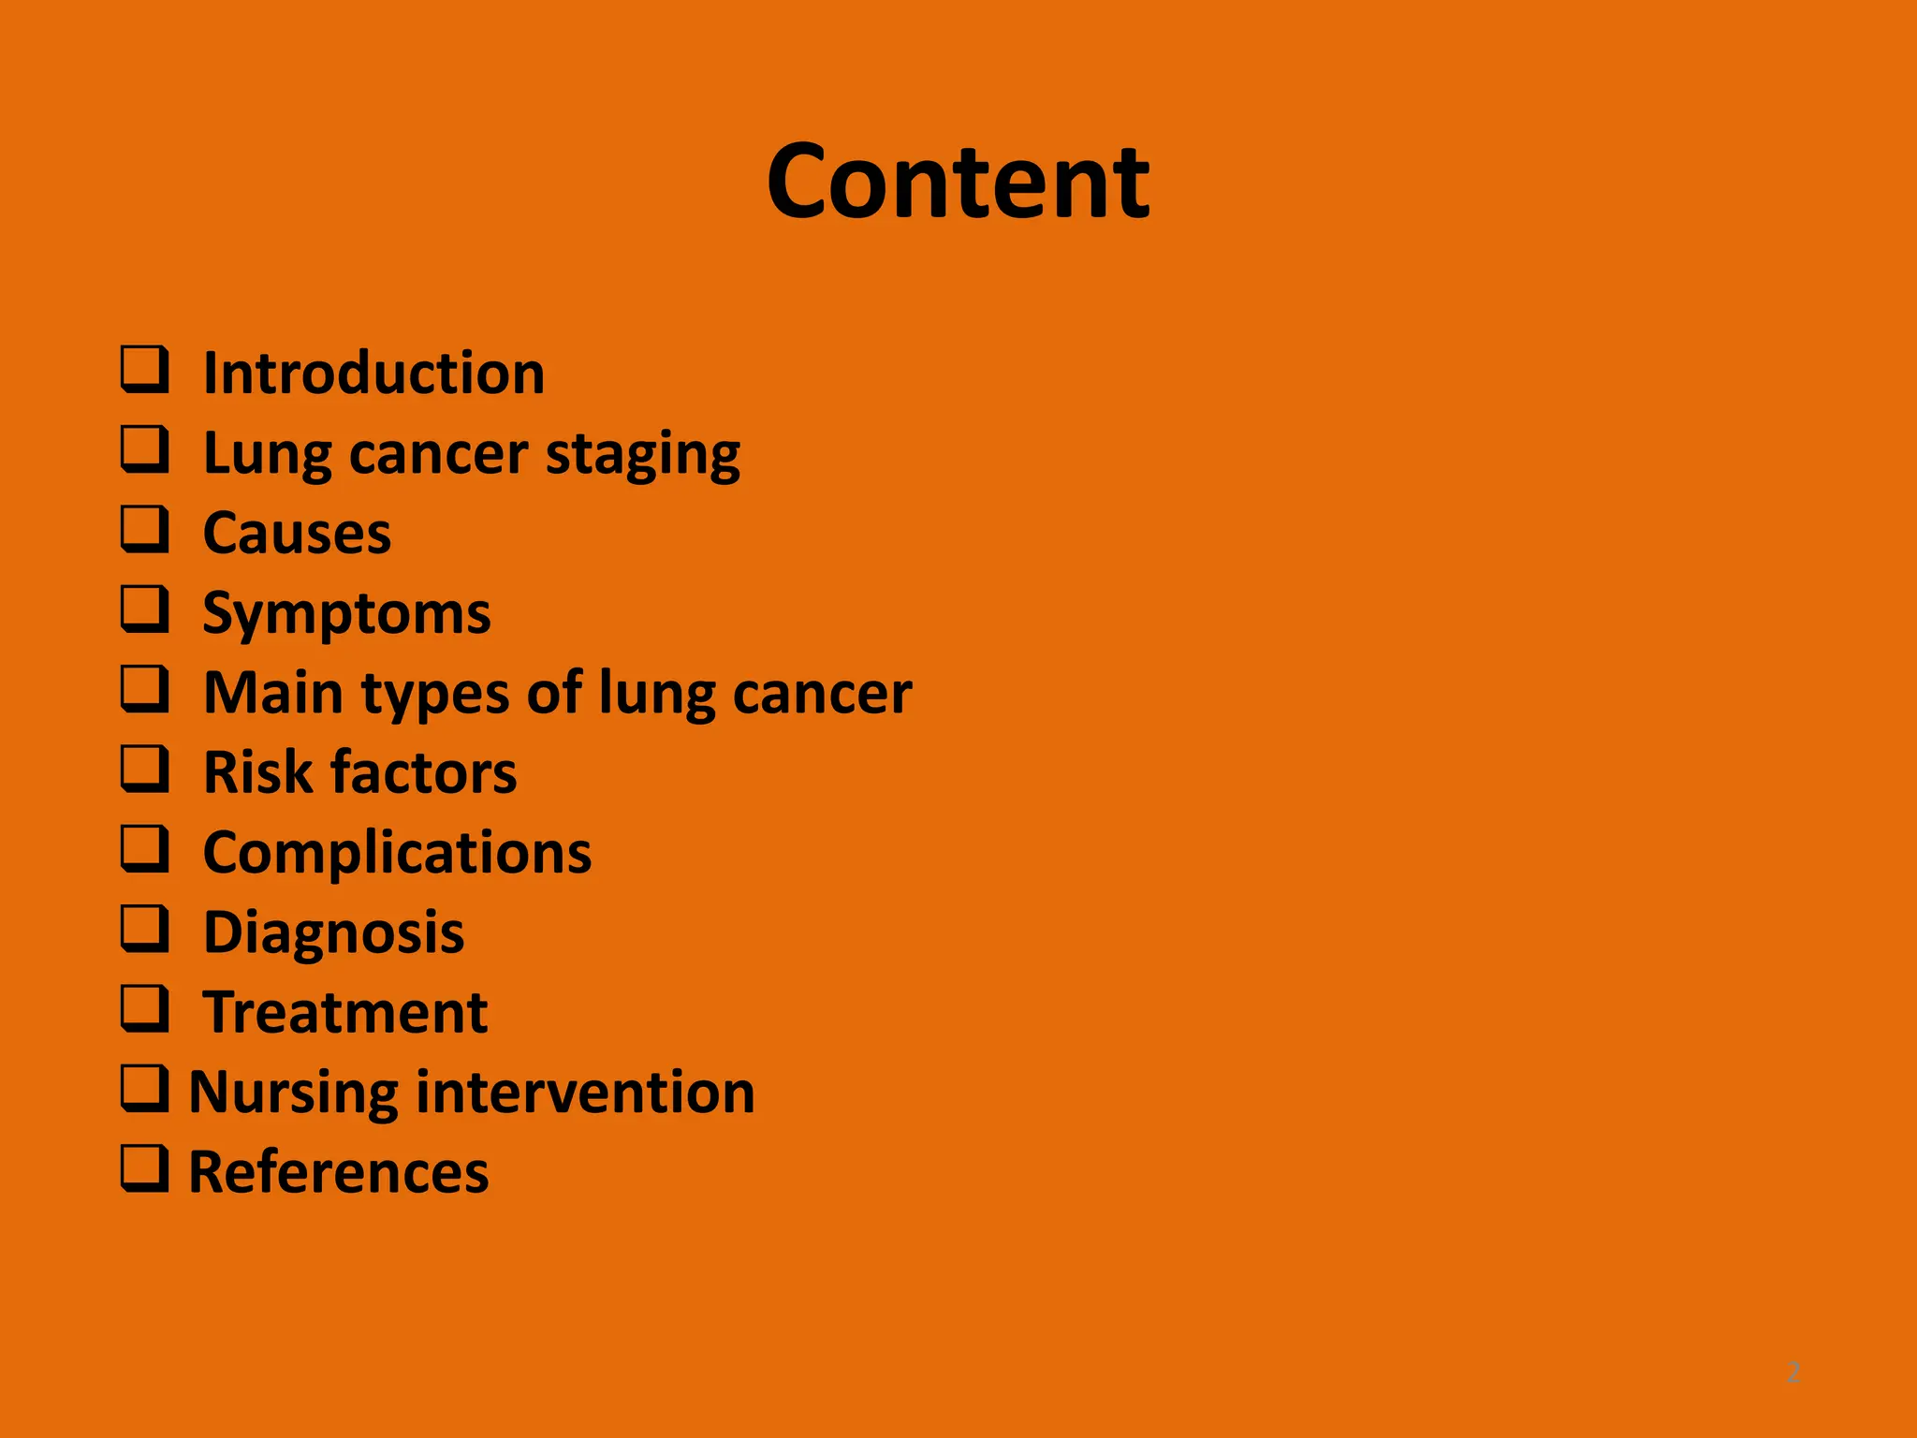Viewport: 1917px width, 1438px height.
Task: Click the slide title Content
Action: (x=958, y=182)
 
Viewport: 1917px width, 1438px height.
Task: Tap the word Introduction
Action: (x=373, y=374)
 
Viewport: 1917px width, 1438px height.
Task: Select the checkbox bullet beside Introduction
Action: (x=145, y=370)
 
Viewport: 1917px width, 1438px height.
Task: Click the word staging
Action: (x=642, y=456)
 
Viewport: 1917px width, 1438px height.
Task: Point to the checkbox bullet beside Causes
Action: (x=145, y=529)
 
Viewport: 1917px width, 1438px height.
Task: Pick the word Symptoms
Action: (x=346, y=615)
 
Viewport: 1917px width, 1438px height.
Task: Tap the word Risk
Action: (x=257, y=772)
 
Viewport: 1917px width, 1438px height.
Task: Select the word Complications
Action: (x=397, y=854)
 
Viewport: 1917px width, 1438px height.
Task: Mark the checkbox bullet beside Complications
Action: (x=145, y=848)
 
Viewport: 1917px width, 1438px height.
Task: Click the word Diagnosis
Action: (x=333, y=933)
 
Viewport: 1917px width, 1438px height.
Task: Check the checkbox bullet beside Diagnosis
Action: (x=145, y=928)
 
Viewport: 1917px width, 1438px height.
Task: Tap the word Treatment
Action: (x=345, y=1012)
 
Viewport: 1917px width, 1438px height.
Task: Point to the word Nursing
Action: (x=293, y=1093)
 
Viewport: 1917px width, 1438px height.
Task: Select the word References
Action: (x=338, y=1171)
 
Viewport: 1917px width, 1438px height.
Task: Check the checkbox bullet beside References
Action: (x=145, y=1168)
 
